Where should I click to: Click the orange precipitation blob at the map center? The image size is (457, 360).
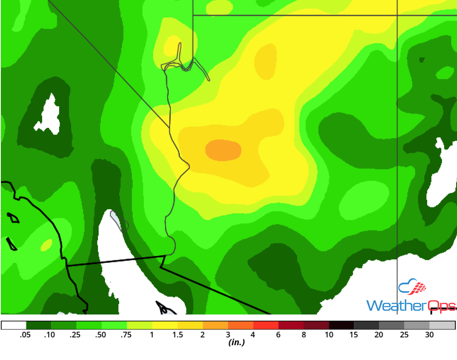point(223,150)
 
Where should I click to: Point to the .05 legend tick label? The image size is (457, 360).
point(26,335)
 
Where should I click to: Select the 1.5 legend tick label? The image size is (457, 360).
point(177,335)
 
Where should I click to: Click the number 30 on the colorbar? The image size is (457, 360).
point(429,335)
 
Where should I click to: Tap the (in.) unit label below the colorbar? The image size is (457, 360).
point(236,343)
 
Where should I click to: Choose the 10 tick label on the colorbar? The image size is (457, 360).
point(329,335)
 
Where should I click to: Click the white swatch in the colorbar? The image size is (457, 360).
point(14,325)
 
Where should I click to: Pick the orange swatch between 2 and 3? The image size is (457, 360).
point(215,325)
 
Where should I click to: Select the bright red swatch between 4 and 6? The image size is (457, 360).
point(266,325)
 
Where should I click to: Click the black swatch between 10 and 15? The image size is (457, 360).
point(342,325)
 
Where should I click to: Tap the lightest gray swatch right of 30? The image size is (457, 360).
point(442,325)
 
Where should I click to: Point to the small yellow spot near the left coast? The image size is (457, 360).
point(46,245)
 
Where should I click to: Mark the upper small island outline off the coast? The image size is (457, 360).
point(14,218)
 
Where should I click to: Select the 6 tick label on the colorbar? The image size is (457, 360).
point(278,335)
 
